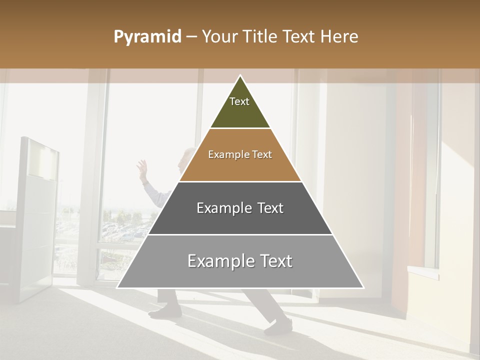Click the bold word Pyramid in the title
click(147, 37)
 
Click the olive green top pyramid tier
click(240, 112)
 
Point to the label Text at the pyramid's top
click(239, 101)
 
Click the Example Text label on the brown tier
click(240, 154)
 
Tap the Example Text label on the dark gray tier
click(240, 208)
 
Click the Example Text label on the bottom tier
click(240, 261)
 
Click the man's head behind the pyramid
click(187, 155)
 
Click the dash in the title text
click(191, 37)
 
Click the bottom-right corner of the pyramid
click(363, 287)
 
